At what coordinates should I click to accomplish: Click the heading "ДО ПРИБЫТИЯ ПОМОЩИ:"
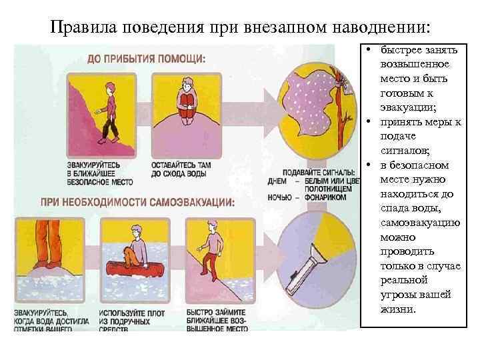pyautogui.click(x=146, y=58)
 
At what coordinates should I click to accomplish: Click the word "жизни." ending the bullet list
pyautogui.click(x=397, y=309)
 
